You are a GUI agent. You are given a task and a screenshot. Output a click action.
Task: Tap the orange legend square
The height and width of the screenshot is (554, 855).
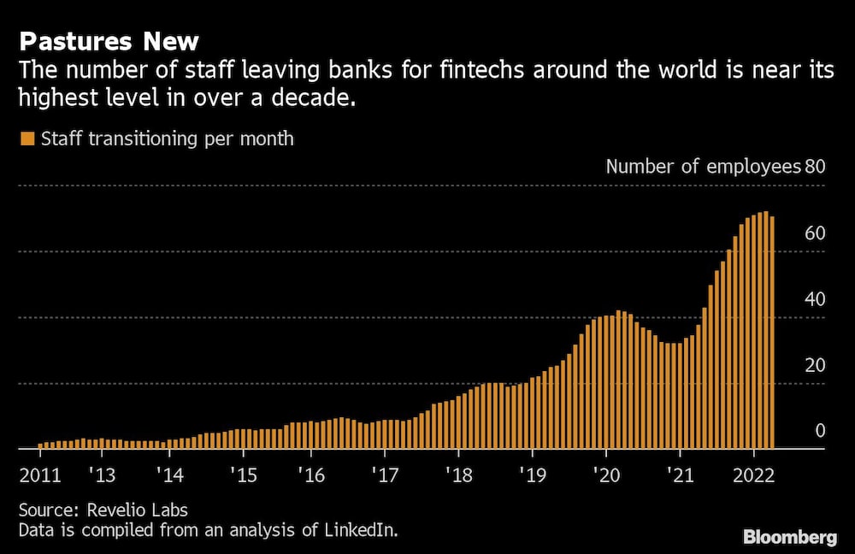[x=27, y=138]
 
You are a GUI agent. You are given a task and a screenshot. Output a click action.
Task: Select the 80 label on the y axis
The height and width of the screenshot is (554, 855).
[x=815, y=166]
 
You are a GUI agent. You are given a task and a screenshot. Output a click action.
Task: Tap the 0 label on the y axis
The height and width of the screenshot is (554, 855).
[x=820, y=431]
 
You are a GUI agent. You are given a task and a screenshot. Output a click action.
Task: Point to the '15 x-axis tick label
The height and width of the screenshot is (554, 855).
[x=243, y=474]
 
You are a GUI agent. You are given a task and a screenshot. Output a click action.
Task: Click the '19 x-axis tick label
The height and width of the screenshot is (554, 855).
[x=532, y=474]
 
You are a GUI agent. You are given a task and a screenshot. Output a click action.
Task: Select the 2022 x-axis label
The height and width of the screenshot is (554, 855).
[x=753, y=474]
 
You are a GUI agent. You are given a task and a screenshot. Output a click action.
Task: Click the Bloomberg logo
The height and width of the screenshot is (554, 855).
[x=789, y=537]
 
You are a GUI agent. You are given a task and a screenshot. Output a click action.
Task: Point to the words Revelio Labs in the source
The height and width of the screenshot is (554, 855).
[x=137, y=510]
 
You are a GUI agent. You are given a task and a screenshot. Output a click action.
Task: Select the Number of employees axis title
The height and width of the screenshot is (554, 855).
[x=703, y=166]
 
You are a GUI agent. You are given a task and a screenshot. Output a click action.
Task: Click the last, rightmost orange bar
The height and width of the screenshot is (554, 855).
[x=772, y=333]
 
